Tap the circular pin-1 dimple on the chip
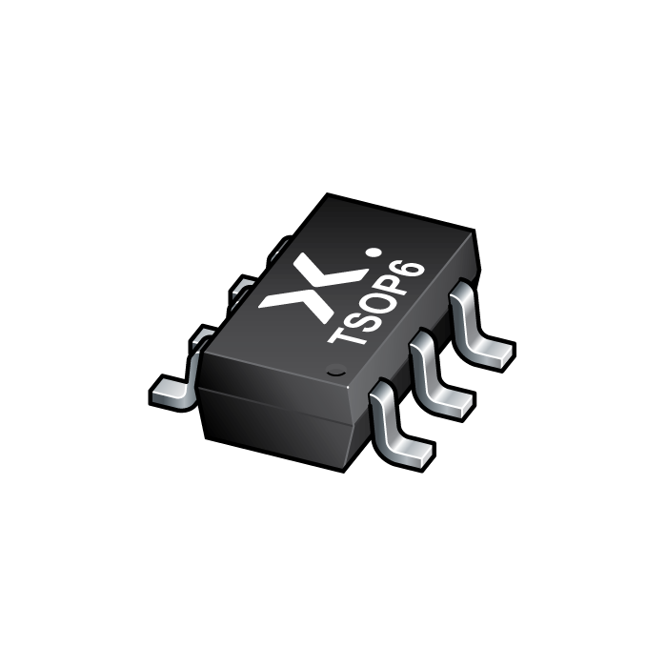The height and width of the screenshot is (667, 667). tap(334, 370)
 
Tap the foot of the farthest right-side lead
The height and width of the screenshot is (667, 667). tap(491, 354)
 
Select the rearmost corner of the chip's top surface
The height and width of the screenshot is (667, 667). tap(328, 200)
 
